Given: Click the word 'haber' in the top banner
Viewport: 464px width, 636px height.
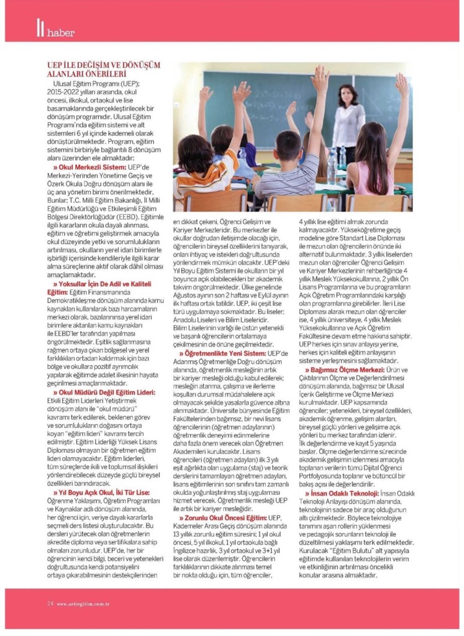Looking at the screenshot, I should (61, 32).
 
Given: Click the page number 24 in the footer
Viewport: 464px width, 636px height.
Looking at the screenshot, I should (50, 602).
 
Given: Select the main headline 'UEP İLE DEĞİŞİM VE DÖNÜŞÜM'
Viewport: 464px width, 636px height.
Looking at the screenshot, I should (104, 65).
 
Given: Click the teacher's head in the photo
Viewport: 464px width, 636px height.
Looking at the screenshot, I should (348, 95).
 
